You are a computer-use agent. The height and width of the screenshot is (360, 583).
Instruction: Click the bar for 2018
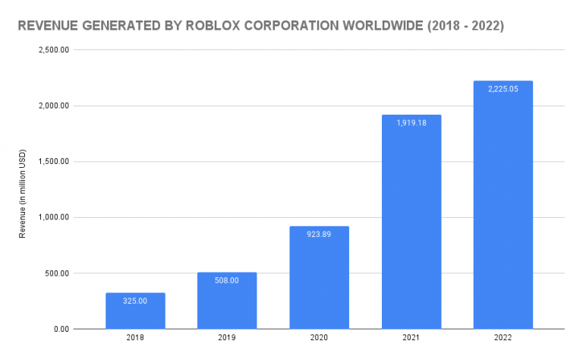[x=135, y=311]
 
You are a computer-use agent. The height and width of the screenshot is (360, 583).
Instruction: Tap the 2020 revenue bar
[x=319, y=281]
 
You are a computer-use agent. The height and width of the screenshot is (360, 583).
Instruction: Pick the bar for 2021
[x=411, y=228]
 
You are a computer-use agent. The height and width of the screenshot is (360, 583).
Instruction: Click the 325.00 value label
[x=135, y=301]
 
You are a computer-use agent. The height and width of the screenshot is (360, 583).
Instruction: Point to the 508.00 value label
[x=227, y=280]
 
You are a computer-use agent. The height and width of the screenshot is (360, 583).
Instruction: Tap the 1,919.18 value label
[x=411, y=123]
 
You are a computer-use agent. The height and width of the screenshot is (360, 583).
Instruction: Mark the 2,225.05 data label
[x=503, y=89]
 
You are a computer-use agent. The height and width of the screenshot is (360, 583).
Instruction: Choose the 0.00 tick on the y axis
[x=61, y=329]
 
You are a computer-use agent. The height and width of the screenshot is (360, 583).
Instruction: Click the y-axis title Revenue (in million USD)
[x=22, y=190]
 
